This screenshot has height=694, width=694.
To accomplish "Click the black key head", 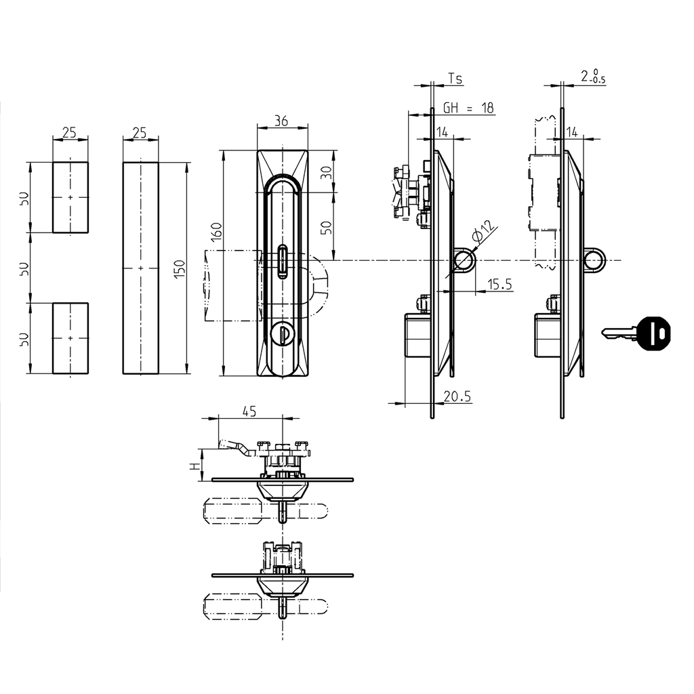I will [x=654, y=333].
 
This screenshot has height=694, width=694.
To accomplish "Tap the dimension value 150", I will [x=180, y=268].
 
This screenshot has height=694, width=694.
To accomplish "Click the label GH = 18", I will [x=468, y=108].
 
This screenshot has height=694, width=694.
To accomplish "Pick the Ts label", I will [x=455, y=79].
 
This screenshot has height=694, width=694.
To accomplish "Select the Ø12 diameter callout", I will [x=483, y=232].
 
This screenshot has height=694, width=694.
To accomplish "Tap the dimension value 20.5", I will [x=457, y=397].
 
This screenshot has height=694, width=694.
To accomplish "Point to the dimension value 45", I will [x=249, y=411].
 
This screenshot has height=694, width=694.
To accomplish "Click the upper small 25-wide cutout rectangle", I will [x=70, y=197].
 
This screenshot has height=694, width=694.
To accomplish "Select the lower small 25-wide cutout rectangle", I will [x=70, y=338].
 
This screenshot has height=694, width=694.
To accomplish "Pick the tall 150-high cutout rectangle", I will [x=140, y=268].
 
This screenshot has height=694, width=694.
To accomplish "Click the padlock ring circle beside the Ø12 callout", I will [x=464, y=260].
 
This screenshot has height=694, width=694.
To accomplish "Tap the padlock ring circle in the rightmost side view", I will [x=593, y=260].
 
